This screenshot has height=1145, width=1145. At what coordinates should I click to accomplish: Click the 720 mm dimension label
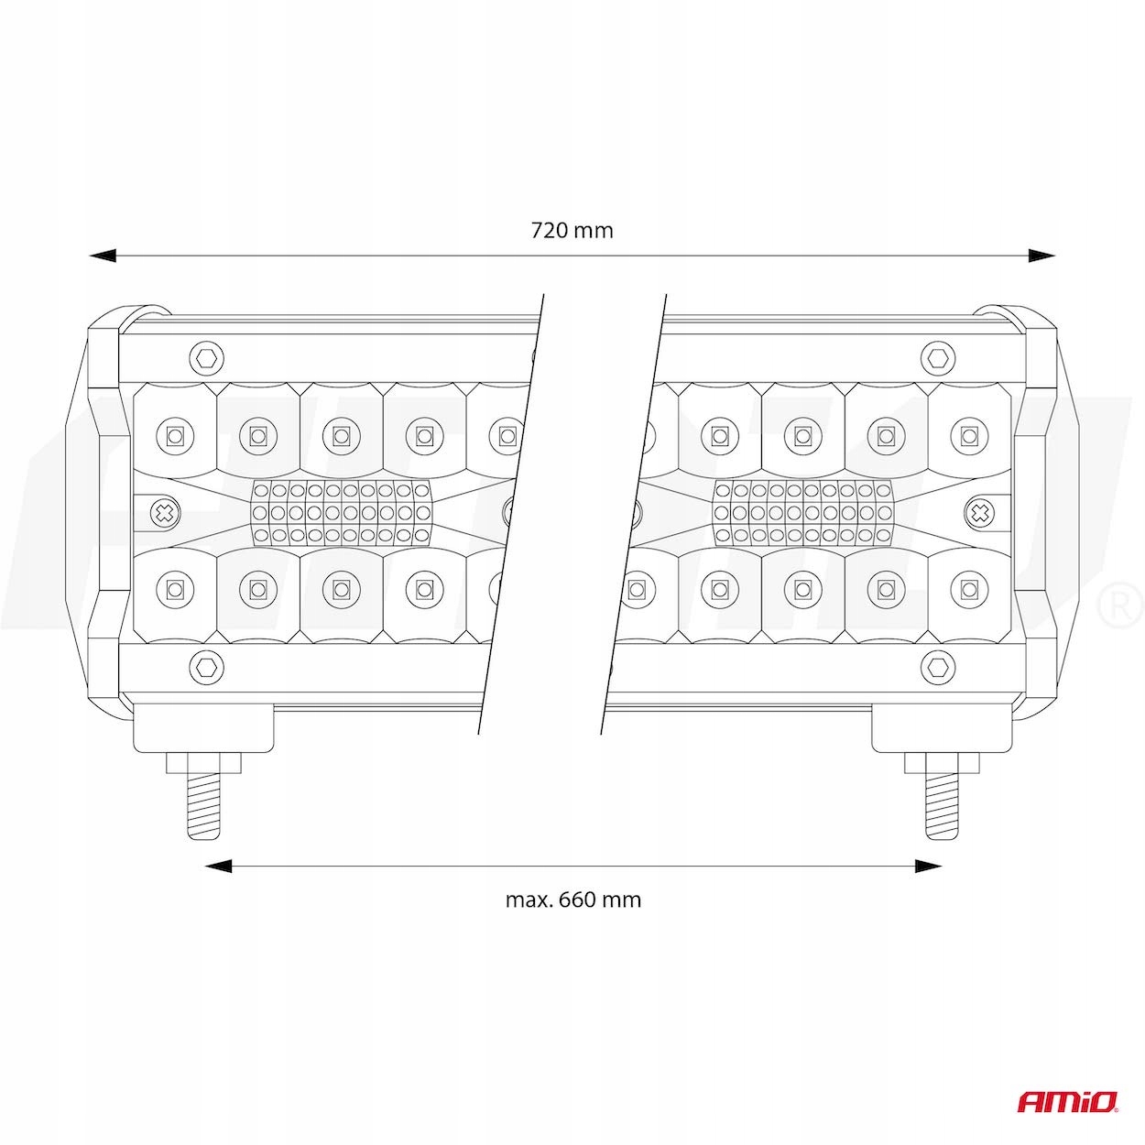coord(572,230)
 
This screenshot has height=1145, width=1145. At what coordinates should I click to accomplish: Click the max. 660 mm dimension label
coord(573,899)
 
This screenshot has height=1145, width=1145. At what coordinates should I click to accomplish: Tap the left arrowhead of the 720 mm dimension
coord(103,256)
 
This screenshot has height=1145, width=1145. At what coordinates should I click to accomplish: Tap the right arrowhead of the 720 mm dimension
coord(1041,256)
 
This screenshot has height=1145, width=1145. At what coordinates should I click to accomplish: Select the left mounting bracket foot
coord(203,728)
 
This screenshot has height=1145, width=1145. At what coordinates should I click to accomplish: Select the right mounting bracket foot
coord(941,728)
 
